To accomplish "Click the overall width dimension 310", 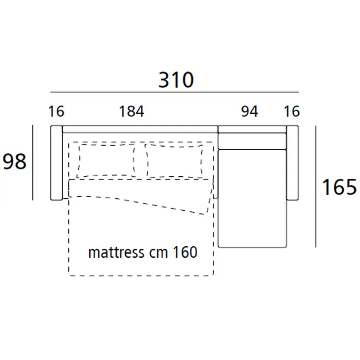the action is (x=176, y=80).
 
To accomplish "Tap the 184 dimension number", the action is (x=131, y=111).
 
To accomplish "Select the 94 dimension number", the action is (x=249, y=111).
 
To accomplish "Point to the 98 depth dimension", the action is (x=15, y=162).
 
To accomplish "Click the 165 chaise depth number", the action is (x=339, y=187).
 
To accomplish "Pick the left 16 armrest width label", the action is (x=56, y=111).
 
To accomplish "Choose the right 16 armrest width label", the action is (x=292, y=111).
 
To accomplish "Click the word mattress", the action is (x=117, y=253).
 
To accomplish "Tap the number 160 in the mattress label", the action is (x=185, y=252).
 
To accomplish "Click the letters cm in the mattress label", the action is (x=159, y=254).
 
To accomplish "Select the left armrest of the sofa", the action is (x=56, y=163).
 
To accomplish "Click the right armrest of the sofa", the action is (x=293, y=163).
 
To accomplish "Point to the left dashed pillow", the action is (x=106, y=161).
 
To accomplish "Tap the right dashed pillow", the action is (x=174, y=161).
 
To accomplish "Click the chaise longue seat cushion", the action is (x=253, y=199).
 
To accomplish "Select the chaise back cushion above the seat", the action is (x=253, y=141).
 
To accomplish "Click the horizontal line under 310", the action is (x=174, y=92).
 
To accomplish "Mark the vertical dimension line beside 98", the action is (x=33, y=163).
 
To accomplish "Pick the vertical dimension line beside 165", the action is (x=316, y=187).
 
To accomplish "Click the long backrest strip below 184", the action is (x=140, y=129).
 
